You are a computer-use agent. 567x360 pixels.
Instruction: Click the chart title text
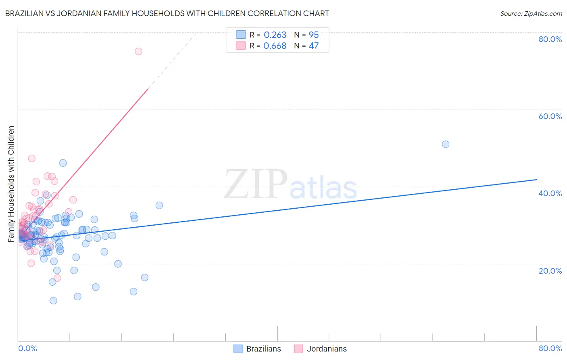167,13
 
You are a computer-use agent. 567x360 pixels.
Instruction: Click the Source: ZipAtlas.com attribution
531,13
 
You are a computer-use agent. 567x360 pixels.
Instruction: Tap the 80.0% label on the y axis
550,39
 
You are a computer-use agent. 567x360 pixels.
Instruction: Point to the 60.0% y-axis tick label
550,116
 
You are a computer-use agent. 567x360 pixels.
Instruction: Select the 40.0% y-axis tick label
550,193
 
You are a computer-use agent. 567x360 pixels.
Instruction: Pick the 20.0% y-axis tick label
550,271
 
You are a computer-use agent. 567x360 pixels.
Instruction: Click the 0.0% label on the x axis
27,348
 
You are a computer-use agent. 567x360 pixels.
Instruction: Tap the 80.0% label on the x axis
550,348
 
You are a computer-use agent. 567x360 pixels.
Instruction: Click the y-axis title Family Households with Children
11,184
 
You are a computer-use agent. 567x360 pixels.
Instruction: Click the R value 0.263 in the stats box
275,35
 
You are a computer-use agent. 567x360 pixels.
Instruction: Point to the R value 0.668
275,46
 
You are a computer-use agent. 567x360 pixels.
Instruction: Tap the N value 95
314,35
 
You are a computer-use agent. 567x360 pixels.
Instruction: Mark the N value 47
314,46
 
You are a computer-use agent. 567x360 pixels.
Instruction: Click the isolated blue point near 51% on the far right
445,144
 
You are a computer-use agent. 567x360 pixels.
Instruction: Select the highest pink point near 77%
138,51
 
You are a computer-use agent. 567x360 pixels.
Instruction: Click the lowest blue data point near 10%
53,301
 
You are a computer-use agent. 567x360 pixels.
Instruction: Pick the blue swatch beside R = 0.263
241,35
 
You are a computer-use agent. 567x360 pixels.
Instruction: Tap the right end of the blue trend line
536,180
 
